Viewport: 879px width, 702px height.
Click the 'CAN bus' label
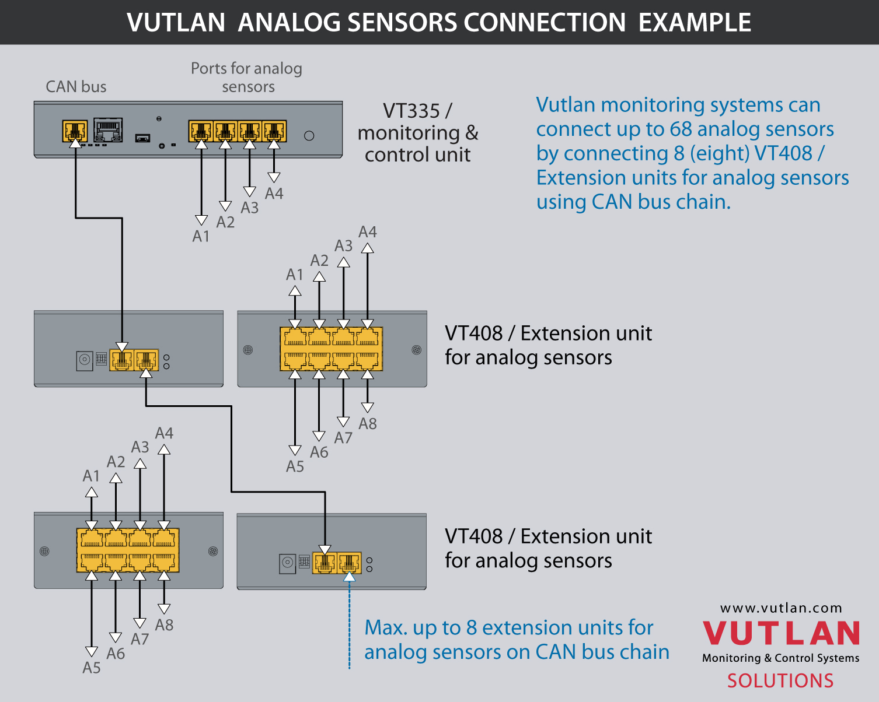[x=76, y=86]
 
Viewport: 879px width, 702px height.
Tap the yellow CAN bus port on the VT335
[x=75, y=131]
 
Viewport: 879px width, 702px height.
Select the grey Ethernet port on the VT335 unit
[x=108, y=130]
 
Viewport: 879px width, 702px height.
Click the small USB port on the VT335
[x=142, y=138]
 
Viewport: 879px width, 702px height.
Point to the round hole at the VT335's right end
[x=309, y=135]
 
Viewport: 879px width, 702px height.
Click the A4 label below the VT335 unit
[x=274, y=194]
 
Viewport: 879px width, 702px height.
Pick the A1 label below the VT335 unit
[x=201, y=236]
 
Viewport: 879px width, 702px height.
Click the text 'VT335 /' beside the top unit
[x=417, y=111]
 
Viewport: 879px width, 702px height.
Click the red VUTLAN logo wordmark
[x=781, y=633]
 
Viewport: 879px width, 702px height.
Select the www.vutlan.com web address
[x=781, y=608]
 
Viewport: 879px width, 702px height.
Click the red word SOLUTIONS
[x=780, y=680]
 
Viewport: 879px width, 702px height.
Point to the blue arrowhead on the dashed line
[x=349, y=577]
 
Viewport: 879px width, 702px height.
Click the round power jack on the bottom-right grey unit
[x=288, y=564]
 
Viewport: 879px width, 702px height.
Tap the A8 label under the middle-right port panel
[x=368, y=424]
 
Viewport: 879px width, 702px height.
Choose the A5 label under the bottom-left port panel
[x=92, y=668]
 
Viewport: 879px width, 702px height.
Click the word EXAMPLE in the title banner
[x=695, y=22]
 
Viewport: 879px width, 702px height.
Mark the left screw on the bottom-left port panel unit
[x=44, y=552]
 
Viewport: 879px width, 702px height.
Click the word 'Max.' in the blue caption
[x=386, y=628]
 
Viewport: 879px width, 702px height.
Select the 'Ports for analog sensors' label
[x=247, y=78]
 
